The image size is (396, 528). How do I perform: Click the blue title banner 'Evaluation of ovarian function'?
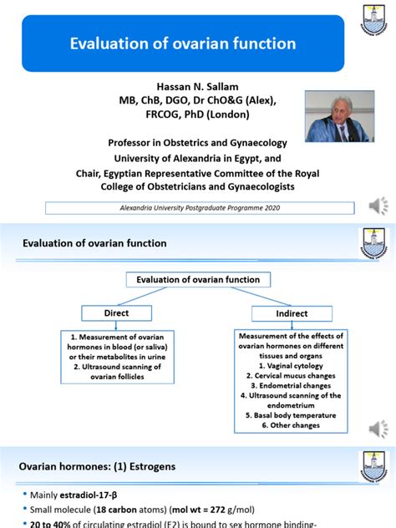point(182,43)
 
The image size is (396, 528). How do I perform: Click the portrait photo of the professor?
point(333,116)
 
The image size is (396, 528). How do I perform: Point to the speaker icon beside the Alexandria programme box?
point(378,206)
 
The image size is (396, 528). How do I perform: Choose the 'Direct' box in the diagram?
point(115,312)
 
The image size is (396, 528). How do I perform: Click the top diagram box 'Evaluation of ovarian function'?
point(198,280)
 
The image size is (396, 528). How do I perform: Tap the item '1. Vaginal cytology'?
point(291,364)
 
